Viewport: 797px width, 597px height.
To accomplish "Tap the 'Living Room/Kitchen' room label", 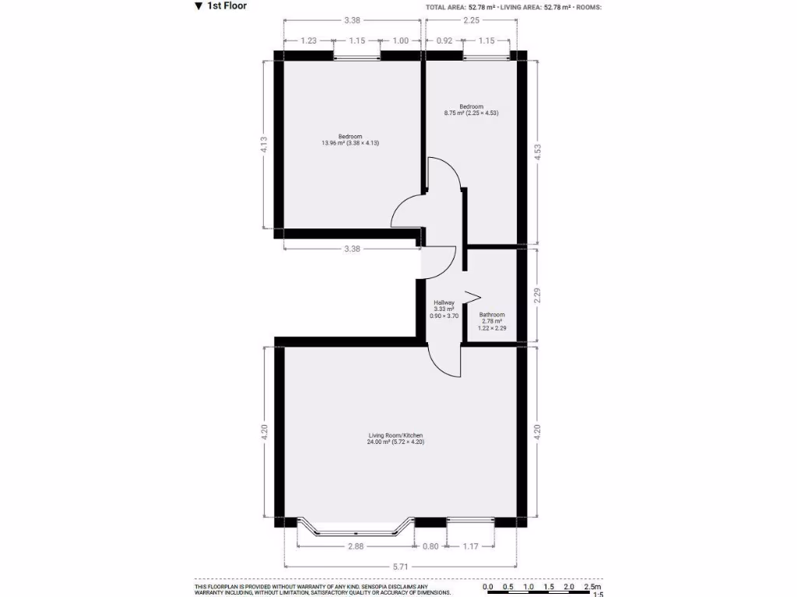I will pyautogui.click(x=395, y=435).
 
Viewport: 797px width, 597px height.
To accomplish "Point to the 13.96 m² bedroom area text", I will pyautogui.click(x=350, y=143).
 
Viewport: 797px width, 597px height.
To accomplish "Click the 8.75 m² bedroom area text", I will pyautogui.click(x=471, y=113).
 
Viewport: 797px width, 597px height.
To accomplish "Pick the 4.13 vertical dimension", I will pyautogui.click(x=264, y=145).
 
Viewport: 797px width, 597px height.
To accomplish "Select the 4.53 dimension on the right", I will pyautogui.click(x=536, y=153).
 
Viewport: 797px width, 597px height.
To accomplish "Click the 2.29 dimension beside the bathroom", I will pyautogui.click(x=536, y=295).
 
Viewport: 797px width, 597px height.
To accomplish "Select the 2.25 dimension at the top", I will pyautogui.click(x=471, y=21).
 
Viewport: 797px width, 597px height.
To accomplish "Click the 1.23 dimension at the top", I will pyautogui.click(x=309, y=40).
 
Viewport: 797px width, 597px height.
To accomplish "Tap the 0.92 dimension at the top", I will pyautogui.click(x=444, y=40).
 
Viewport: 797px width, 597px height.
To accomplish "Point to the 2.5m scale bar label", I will pyautogui.click(x=591, y=586).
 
